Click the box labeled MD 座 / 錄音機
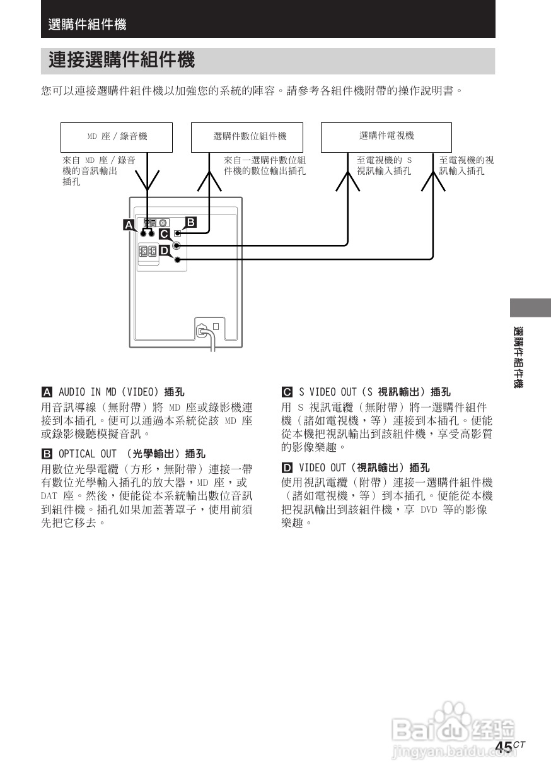(117, 137)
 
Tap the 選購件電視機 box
(386, 137)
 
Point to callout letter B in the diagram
(191, 222)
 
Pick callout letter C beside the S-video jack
(164, 234)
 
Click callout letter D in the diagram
(164, 250)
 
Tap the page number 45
(503, 747)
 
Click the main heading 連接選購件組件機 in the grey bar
(122, 61)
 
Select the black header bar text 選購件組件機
(87, 25)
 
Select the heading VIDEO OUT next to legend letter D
(323, 468)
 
